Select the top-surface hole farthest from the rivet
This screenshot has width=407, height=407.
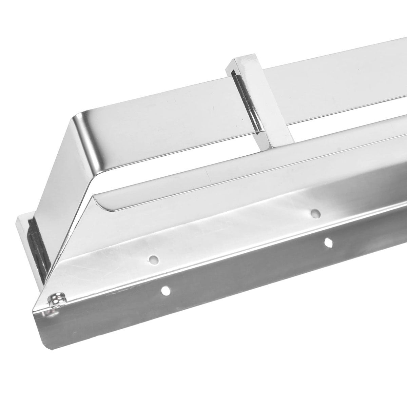click(315, 214)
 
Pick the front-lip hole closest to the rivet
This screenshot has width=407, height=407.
click(166, 290)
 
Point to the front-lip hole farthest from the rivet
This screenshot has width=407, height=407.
click(328, 242)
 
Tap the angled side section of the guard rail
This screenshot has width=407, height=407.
click(64, 176)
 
